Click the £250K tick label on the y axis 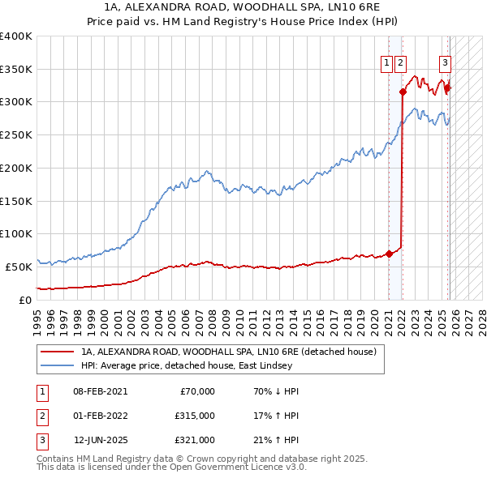(x=16, y=135)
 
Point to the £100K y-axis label (x=16, y=233)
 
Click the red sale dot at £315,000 (x=403, y=92)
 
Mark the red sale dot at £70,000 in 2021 (x=389, y=254)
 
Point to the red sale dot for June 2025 (x=447, y=88)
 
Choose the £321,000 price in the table (x=195, y=440)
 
